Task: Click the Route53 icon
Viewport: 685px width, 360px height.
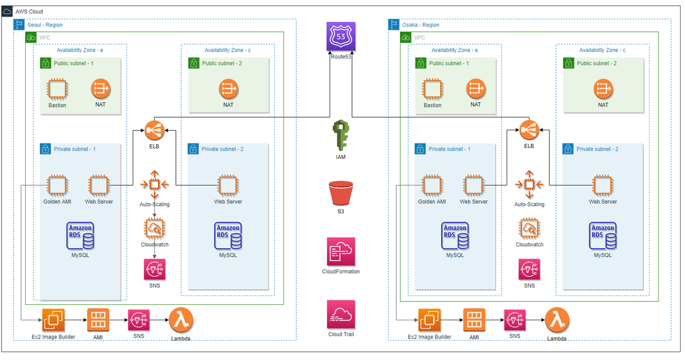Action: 341,36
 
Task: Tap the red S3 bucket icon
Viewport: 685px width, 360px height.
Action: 341,193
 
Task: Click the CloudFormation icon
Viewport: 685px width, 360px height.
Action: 341,251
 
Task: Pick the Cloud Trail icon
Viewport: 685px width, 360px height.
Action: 341,314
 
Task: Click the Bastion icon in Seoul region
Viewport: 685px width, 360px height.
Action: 57,90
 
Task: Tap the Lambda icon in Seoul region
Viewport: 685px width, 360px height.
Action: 181,320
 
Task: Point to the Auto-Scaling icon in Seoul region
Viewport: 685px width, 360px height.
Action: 155,184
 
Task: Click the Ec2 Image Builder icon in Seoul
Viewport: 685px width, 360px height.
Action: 53,320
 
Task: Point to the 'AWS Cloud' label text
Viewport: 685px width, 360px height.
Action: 29,11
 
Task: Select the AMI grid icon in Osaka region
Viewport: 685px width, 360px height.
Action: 474,320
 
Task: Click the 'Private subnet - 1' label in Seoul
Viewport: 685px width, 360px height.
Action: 75,149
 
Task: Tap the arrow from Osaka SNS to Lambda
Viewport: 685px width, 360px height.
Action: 534,320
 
